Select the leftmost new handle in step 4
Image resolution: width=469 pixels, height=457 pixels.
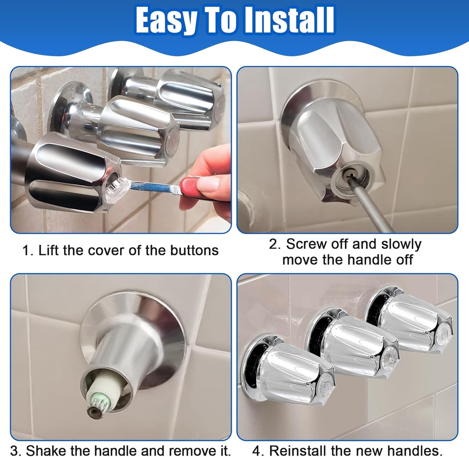coord(289,371)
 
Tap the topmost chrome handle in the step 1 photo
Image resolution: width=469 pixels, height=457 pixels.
coord(192,98)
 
